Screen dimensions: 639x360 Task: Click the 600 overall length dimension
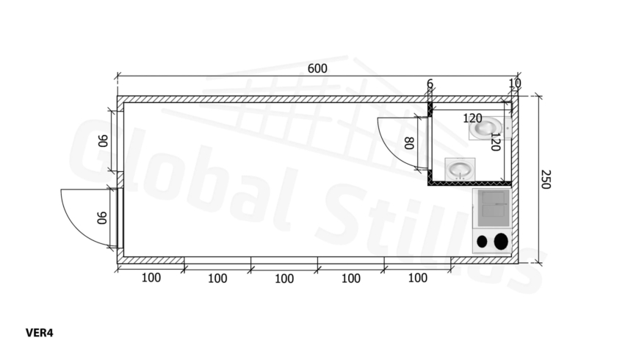tap(317, 68)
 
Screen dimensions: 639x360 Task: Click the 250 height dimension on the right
tap(545, 179)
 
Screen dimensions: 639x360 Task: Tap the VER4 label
tap(40, 333)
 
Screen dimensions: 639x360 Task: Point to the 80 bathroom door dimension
tap(409, 143)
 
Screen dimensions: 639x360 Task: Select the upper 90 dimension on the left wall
tap(103, 141)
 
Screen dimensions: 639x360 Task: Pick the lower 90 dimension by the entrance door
tap(102, 217)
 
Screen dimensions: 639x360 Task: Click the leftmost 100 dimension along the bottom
tap(151, 278)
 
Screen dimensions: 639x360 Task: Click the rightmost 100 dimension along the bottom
tap(418, 278)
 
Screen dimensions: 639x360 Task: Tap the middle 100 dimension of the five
tap(284, 279)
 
